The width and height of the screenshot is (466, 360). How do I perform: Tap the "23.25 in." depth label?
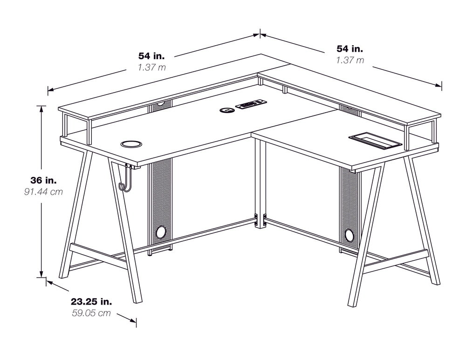(x=91, y=301)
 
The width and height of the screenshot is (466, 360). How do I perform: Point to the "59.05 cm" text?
(x=91, y=313)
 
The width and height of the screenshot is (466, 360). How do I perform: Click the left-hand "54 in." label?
(x=151, y=55)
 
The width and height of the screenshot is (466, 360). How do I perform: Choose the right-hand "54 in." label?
(x=349, y=48)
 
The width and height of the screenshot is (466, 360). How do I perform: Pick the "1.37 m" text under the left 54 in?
(x=151, y=67)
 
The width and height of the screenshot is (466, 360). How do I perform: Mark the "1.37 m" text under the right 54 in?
(x=349, y=60)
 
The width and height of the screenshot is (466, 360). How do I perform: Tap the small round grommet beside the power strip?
(x=227, y=110)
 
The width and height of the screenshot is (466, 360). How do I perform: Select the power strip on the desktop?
(x=251, y=105)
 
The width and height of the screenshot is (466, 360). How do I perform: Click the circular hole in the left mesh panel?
(x=161, y=231)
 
